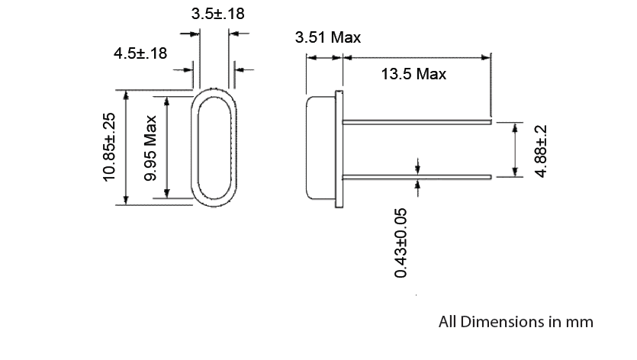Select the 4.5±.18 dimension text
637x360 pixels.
point(140,53)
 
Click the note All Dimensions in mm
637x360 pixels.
point(516,322)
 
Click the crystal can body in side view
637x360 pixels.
point(321,148)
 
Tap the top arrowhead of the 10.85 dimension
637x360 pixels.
point(125,94)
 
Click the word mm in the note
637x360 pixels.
point(580,322)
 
